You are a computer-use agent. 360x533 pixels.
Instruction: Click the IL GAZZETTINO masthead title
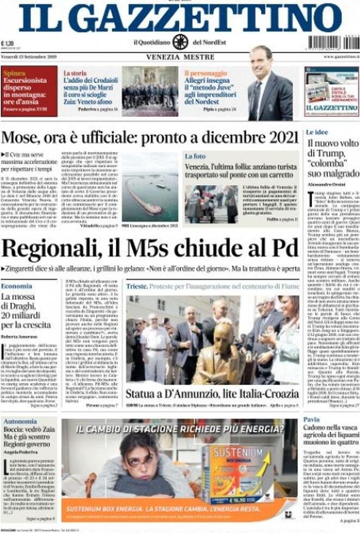click(180, 18)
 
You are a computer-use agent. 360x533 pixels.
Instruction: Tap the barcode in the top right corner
click(333, 43)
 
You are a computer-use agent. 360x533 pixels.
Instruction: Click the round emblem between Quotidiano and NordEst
click(180, 42)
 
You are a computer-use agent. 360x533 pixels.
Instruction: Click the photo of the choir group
click(150, 91)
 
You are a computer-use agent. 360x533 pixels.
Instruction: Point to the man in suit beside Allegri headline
click(270, 87)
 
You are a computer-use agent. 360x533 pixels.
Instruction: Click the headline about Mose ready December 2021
click(150, 137)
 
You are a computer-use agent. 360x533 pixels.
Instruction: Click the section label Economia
click(16, 286)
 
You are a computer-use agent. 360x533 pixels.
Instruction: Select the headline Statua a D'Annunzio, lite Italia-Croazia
click(212, 393)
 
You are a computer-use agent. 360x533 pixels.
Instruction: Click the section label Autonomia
click(20, 421)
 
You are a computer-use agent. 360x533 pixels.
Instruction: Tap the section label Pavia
click(312, 420)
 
